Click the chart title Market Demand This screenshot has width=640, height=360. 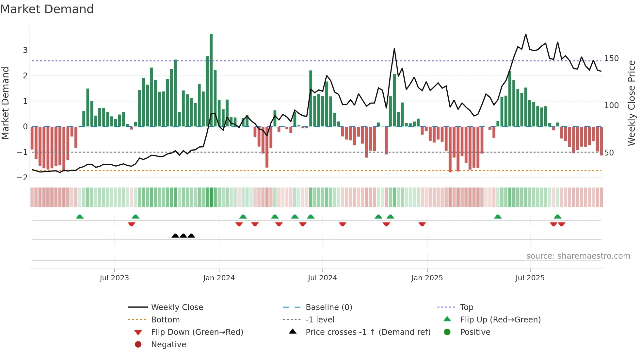(x=47, y=9)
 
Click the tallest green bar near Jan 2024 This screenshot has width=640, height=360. (x=211, y=80)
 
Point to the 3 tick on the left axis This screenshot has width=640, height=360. (x=25, y=50)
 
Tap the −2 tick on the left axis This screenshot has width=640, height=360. (x=23, y=178)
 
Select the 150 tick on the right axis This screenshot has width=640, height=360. (x=611, y=58)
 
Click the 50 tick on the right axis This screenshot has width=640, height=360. (x=609, y=153)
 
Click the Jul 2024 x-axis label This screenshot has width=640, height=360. (x=322, y=278)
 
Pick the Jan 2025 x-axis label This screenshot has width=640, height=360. (x=427, y=278)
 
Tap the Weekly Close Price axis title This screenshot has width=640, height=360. (x=632, y=103)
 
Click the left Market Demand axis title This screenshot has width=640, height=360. (x=6, y=103)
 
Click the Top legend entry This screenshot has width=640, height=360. (x=467, y=307)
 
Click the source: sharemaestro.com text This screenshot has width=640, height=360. (x=578, y=256)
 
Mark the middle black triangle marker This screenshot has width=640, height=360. (x=183, y=236)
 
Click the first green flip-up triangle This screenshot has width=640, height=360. (x=80, y=217)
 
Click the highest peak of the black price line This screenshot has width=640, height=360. (x=526, y=34)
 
